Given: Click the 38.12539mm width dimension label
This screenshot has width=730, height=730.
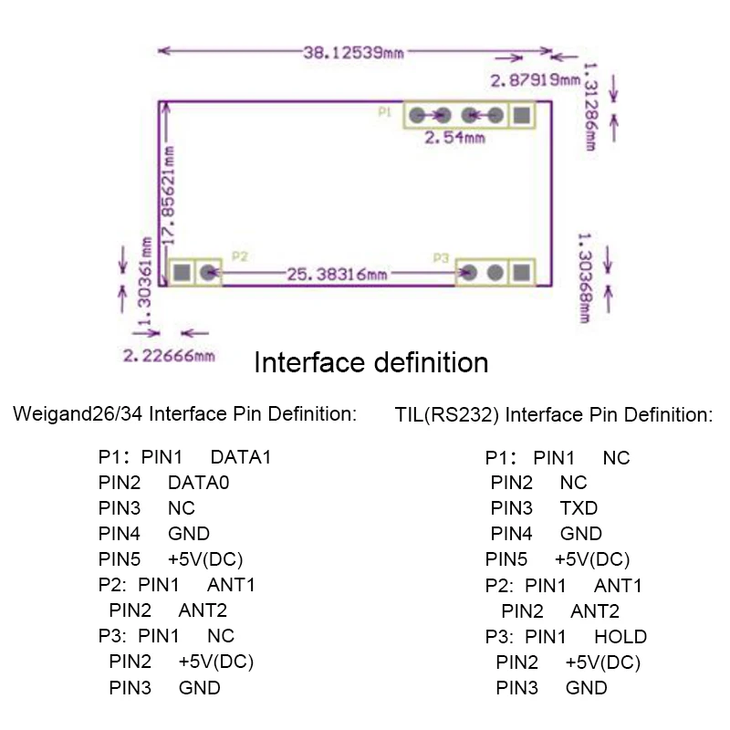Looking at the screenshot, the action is (x=353, y=53).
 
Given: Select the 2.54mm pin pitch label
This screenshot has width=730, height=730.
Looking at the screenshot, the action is (x=454, y=138).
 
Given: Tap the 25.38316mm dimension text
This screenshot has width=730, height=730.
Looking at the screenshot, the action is (x=337, y=275).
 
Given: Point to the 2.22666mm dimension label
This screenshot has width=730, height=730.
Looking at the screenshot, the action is (x=169, y=356).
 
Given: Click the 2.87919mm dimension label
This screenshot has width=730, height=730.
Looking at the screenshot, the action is (x=536, y=80).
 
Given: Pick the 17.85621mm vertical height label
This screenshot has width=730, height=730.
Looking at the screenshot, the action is (x=168, y=195).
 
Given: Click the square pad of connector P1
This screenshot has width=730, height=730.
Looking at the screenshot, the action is (x=522, y=115).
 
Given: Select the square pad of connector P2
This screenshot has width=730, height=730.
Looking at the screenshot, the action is (x=182, y=272).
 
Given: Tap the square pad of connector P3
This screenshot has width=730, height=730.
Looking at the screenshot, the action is (x=522, y=272).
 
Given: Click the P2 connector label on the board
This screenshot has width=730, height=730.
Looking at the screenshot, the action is (x=240, y=256).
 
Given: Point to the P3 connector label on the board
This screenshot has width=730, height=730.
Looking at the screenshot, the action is (x=441, y=258).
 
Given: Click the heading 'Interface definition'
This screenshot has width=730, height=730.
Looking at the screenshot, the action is (x=371, y=362).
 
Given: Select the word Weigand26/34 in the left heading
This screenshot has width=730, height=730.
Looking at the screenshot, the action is (x=78, y=414).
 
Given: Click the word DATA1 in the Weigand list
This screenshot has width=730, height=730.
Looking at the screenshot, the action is (x=241, y=457).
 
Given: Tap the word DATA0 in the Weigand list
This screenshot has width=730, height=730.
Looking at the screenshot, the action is (x=199, y=483).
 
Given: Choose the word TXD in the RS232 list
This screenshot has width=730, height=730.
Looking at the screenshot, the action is (x=579, y=508).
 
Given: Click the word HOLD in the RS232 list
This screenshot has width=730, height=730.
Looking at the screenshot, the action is (x=620, y=637).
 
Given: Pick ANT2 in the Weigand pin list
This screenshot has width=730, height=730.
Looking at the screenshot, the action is (x=203, y=610).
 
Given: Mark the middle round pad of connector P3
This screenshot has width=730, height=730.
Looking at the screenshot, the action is (x=495, y=272).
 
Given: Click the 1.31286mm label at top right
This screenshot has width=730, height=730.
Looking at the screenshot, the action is (x=591, y=107).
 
